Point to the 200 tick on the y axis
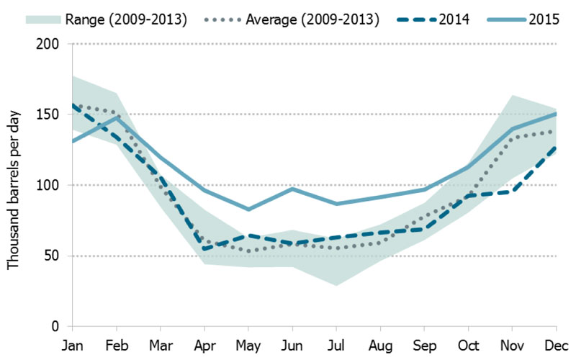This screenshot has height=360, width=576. coord(52,45)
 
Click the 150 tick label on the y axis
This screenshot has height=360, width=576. coord(52,115)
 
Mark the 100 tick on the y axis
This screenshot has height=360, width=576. coord(52,186)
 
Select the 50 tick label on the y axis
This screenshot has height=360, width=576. coord(55,256)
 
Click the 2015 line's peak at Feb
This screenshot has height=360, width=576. coord(117,117)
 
